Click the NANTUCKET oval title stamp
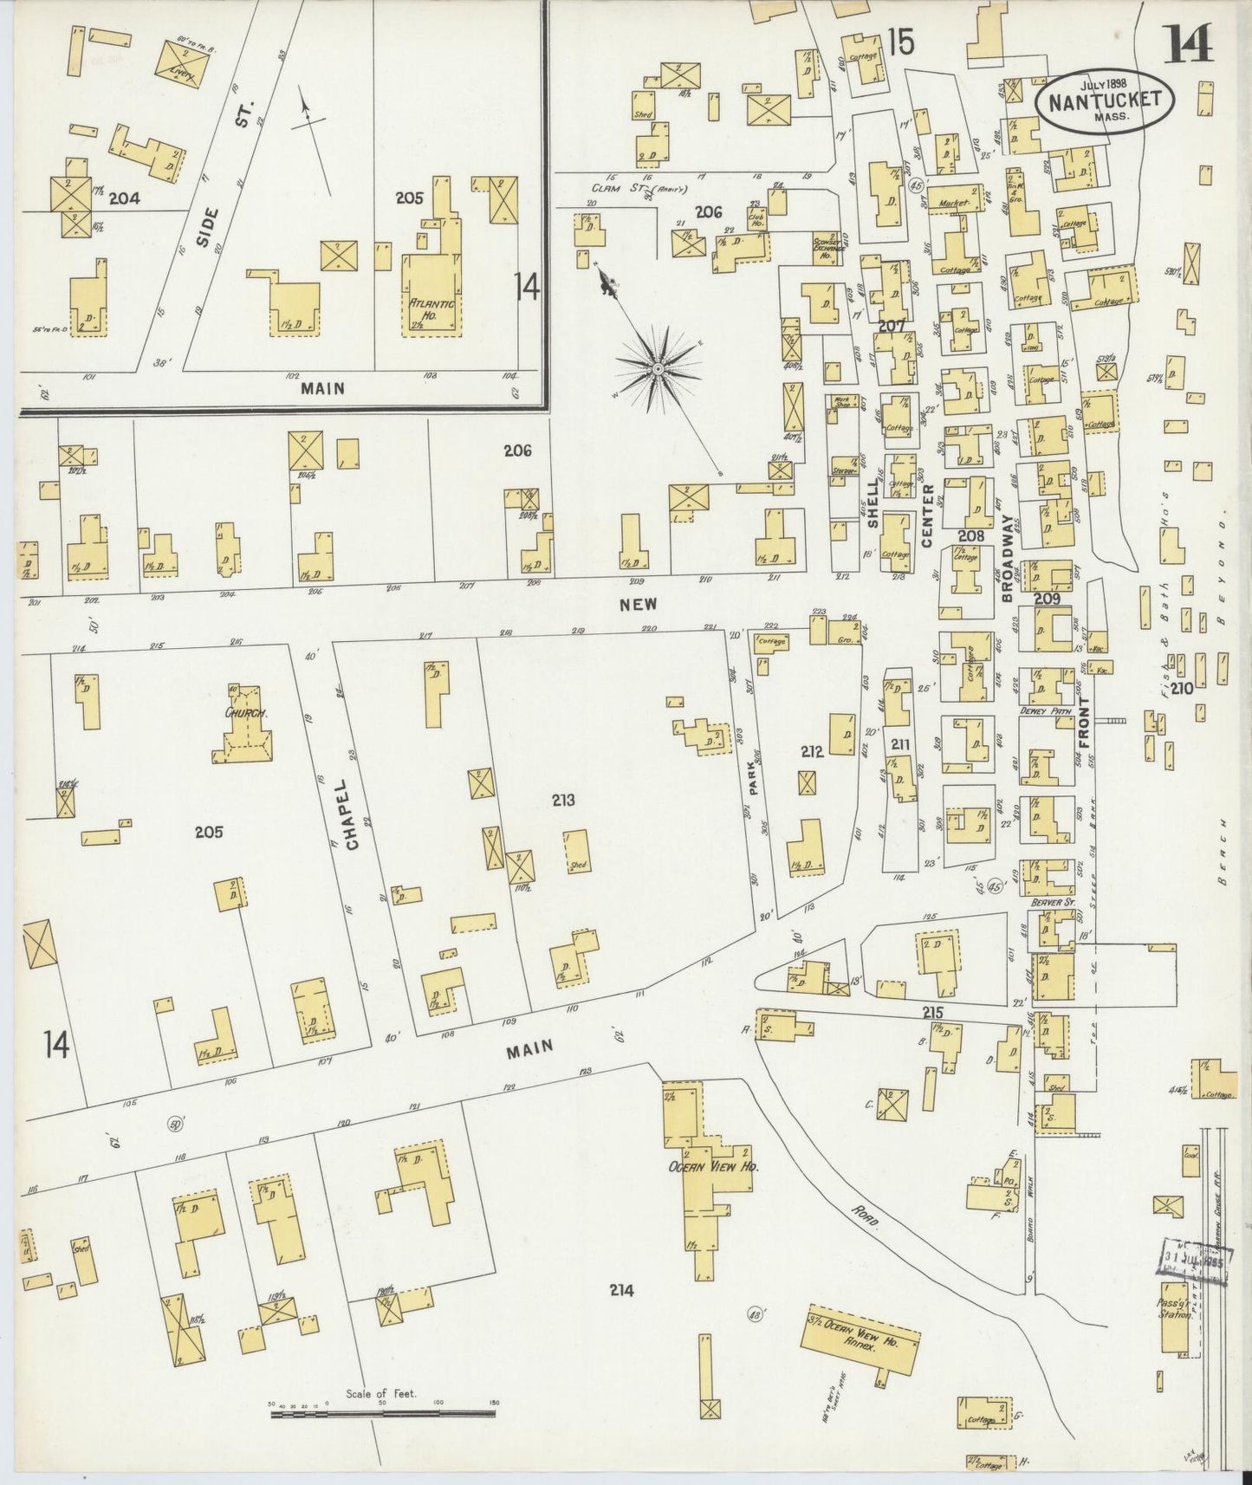coord(1105,101)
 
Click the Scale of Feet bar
coord(381,1414)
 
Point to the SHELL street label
coord(873,505)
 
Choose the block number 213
coord(563,800)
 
